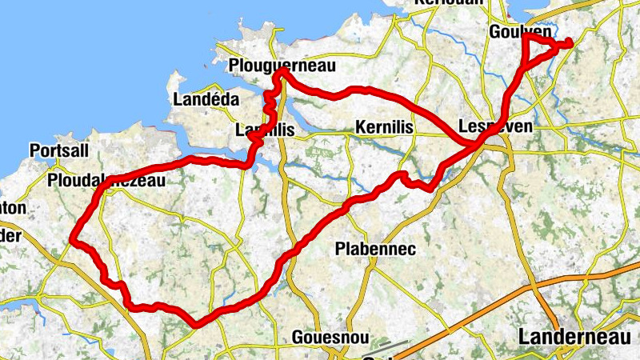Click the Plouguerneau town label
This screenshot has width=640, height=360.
point(281,65)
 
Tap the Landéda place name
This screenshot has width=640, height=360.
point(206,99)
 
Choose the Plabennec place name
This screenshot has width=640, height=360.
point(375,250)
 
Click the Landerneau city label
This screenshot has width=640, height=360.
point(574,338)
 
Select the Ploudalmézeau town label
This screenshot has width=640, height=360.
point(106,181)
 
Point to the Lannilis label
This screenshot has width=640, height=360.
point(266,130)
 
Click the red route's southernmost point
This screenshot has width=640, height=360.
point(197,324)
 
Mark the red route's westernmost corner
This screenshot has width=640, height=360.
point(72,239)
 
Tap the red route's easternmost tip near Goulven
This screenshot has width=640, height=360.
point(569,42)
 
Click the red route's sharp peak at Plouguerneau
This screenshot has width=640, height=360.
point(282,73)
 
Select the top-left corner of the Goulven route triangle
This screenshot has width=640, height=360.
point(523,36)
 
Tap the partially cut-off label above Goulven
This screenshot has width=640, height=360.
point(449,3)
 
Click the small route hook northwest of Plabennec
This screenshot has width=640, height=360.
point(405,176)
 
